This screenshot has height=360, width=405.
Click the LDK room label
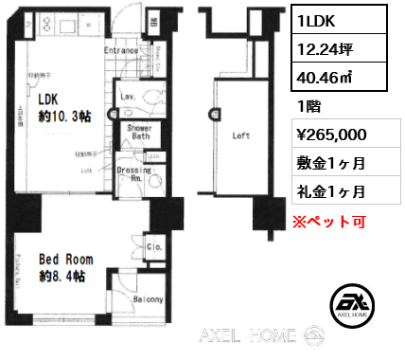tap(49, 98)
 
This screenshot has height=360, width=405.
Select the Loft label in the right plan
tap(242, 135)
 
